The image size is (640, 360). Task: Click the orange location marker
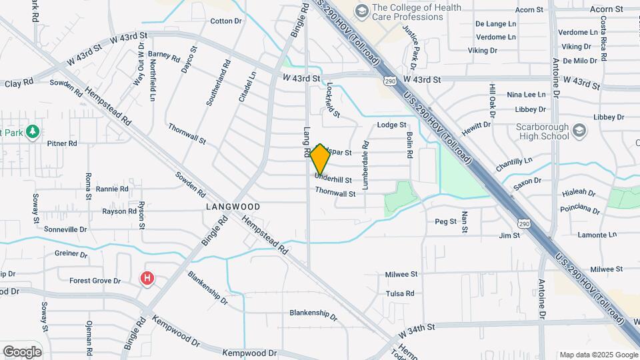point(320,159)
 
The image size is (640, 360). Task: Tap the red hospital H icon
point(147,279)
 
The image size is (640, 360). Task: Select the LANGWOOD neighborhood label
point(232,207)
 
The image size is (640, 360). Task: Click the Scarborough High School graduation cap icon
point(579,130)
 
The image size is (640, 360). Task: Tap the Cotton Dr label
point(226,21)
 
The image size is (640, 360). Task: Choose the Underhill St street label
point(333,179)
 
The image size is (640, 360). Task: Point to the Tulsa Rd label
point(400,293)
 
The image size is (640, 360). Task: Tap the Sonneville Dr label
point(65,229)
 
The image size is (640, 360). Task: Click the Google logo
point(22,352)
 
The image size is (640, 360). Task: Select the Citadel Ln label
point(247,87)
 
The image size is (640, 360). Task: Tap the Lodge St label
point(391,125)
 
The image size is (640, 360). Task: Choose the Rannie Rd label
point(112,189)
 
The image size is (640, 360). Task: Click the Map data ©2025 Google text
point(598,355)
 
